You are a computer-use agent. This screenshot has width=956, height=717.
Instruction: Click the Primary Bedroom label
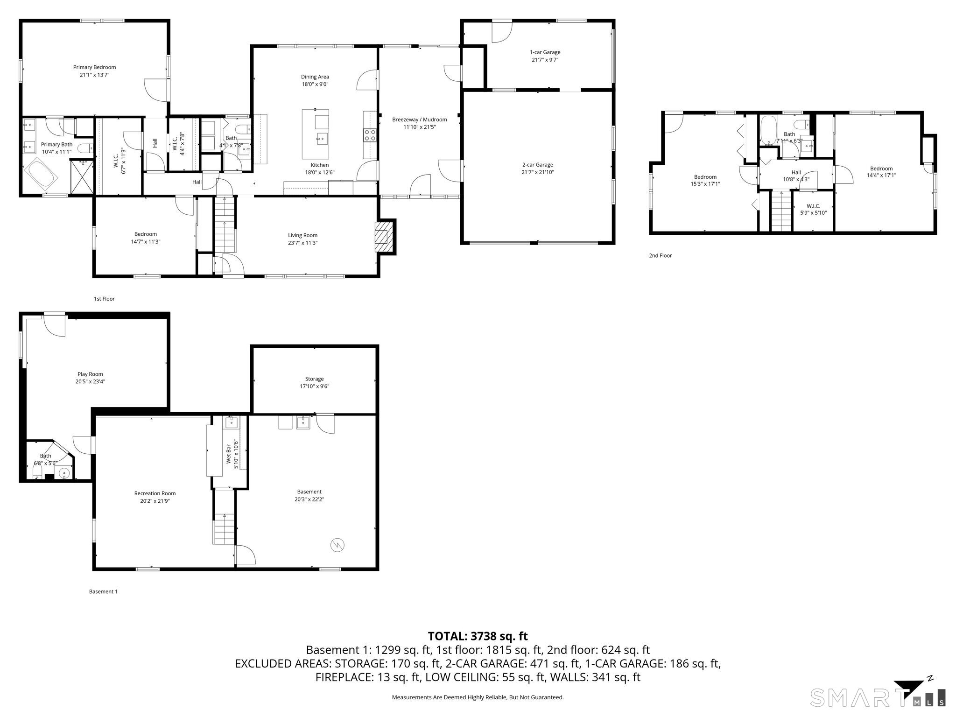94,67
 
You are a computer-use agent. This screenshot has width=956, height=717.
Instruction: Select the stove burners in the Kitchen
370,135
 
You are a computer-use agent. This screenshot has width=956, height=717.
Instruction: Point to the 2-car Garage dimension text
537,172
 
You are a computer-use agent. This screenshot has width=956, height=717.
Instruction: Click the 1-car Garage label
545,52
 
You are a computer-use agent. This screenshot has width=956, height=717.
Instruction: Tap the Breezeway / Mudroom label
419,119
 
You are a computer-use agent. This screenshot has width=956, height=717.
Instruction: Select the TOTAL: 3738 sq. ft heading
478,636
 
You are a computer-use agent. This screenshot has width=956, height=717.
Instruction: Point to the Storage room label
314,379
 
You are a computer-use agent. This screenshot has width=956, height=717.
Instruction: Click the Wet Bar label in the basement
229,453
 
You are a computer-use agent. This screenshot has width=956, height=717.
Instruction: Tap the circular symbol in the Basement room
337,545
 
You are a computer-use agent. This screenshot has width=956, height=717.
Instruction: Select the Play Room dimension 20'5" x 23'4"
90,381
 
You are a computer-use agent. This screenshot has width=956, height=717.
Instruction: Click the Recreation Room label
155,493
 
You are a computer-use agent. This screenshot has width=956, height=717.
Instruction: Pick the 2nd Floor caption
660,255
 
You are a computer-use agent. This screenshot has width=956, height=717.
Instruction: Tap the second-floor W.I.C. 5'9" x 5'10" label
813,209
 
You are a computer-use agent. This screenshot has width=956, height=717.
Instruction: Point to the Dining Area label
315,77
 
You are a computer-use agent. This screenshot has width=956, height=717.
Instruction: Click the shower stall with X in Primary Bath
82,177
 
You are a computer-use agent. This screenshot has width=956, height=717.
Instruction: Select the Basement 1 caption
103,591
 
